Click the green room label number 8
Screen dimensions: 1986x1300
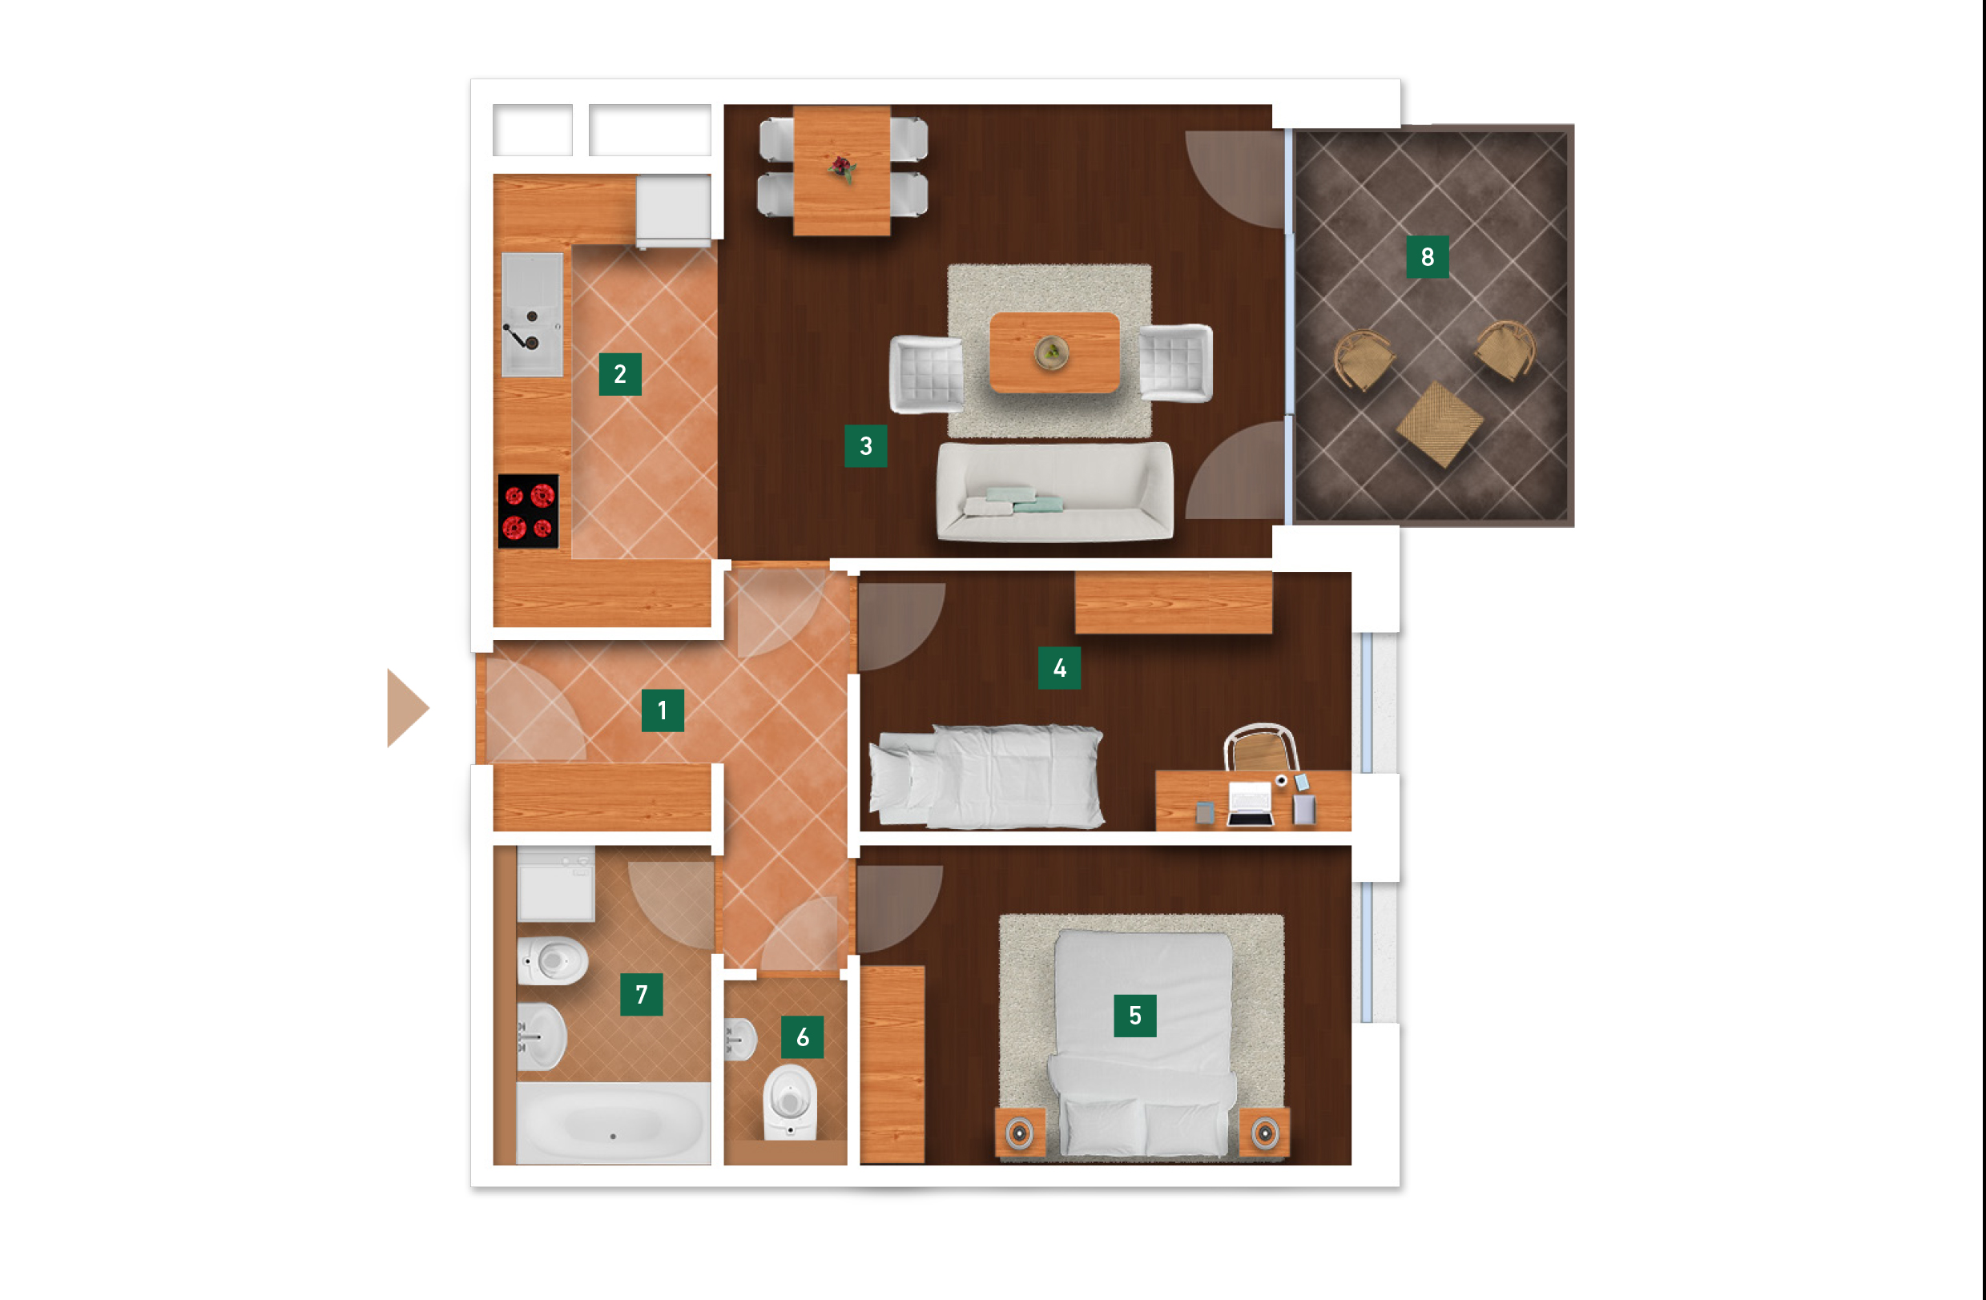(x=1427, y=256)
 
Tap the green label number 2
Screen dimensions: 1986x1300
(x=620, y=374)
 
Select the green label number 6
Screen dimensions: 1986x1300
(x=802, y=1036)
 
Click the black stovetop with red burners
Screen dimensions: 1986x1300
(x=528, y=512)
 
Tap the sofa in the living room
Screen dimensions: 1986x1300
(x=1055, y=492)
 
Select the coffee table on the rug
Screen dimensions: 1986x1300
(x=1054, y=352)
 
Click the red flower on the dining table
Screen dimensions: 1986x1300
(x=842, y=167)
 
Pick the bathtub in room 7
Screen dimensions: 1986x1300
(x=614, y=1123)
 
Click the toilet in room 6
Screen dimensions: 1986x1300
(x=789, y=1101)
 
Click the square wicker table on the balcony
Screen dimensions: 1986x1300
(x=1440, y=424)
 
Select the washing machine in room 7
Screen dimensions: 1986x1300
(x=556, y=883)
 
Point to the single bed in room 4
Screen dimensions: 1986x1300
(x=986, y=777)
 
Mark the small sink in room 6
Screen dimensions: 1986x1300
(x=740, y=1040)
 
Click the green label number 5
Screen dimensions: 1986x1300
(x=1135, y=1016)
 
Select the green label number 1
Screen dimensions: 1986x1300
(x=663, y=710)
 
